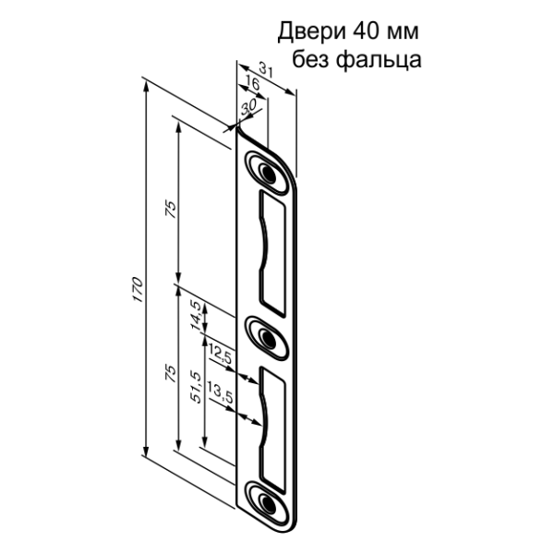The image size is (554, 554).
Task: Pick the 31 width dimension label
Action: click(265, 69)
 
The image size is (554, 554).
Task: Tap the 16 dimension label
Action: click(254, 86)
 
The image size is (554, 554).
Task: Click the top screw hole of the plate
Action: click(268, 173)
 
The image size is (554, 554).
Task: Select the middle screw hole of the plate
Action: click(268, 338)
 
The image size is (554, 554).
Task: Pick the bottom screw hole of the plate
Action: click(268, 503)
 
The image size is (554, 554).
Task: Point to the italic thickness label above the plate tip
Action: click(247, 108)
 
